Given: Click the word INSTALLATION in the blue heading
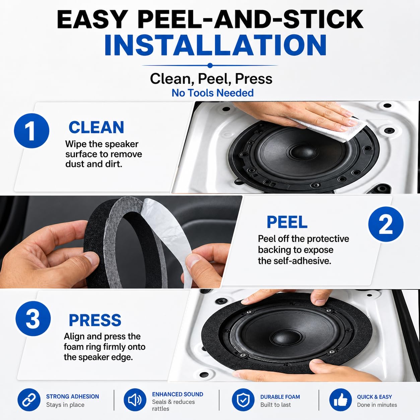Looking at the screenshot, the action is tap(215, 45).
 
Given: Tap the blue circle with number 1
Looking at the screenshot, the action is tap(31, 131).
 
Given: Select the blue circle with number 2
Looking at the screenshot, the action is tap(386, 224).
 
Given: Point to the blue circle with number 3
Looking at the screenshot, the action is tap(33, 319).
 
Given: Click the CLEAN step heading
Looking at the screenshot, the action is tap(96, 128).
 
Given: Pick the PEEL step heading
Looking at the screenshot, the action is tap(287, 222).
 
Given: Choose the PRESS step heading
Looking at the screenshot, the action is tap(95, 321).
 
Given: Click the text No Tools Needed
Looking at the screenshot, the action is tap(212, 93).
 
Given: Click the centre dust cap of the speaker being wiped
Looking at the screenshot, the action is tap(303, 151).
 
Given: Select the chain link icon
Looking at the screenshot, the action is tap(29, 400).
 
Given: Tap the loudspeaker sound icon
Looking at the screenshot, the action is tap(135, 400).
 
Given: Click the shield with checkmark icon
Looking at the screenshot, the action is tap(243, 400).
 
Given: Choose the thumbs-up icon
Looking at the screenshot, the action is tap(340, 400).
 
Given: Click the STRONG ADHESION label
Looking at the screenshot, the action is tap(73, 397).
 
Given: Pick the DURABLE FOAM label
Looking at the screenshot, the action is tap(280, 397).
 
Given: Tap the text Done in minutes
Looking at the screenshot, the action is tap(377, 405).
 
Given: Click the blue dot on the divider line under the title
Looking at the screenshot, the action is tap(210, 65).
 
